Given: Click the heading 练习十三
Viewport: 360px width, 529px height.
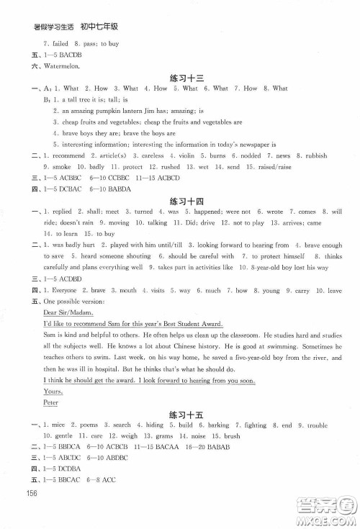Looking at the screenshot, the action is (179, 77).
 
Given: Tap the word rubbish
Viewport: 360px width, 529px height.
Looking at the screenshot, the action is (315, 155).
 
